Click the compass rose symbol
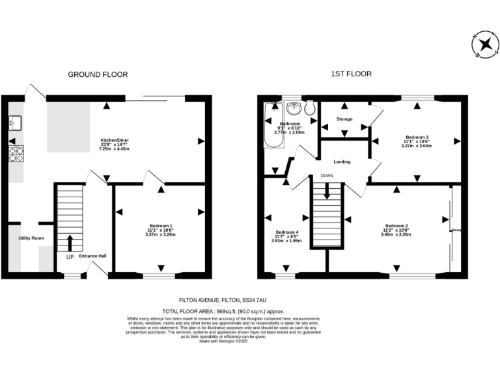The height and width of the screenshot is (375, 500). point(485,45)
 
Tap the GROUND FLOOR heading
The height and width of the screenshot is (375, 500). point(98,75)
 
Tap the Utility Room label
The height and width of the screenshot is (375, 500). point(31,238)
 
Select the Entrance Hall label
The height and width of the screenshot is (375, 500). point(92,255)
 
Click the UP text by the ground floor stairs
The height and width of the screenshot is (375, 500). point(69,256)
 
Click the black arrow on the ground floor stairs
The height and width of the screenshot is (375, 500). point(70,243)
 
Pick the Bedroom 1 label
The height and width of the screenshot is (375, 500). point(159,226)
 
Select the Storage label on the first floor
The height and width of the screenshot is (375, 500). point(344,119)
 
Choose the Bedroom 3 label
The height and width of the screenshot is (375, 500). point(415,137)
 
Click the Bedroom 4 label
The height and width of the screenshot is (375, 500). point(286,232)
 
